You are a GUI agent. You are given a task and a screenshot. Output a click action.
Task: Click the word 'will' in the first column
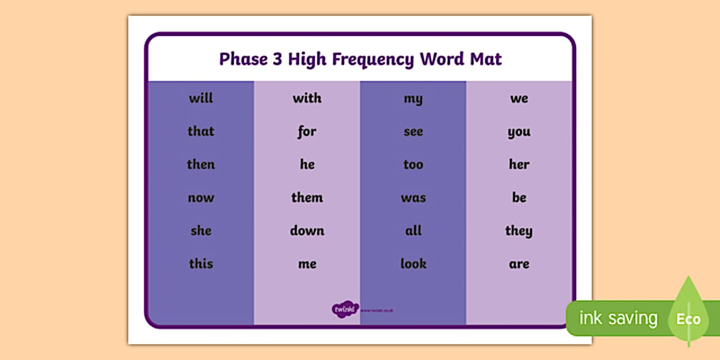click(201, 98)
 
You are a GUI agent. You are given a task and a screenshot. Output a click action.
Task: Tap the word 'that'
click(201, 131)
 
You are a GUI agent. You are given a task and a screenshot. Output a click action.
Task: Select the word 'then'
click(201, 165)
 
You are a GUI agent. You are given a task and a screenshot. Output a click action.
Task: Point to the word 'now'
click(201, 198)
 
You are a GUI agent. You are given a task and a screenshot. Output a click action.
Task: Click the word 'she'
click(201, 231)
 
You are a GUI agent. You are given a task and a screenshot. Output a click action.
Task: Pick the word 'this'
click(201, 264)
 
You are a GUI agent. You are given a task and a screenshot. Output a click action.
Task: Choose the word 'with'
click(307, 98)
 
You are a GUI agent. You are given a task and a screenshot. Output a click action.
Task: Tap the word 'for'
click(307, 132)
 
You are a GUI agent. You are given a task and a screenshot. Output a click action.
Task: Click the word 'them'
click(307, 198)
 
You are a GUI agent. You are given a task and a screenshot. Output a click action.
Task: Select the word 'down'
click(307, 231)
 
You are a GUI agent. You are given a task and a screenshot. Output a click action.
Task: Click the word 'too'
click(413, 165)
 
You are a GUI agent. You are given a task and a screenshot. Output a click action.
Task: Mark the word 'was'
click(413, 198)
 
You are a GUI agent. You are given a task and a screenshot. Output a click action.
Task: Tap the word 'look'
click(413, 264)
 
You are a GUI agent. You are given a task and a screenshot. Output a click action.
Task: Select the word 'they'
click(519, 231)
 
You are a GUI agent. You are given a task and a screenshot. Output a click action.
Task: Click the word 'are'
click(519, 265)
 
